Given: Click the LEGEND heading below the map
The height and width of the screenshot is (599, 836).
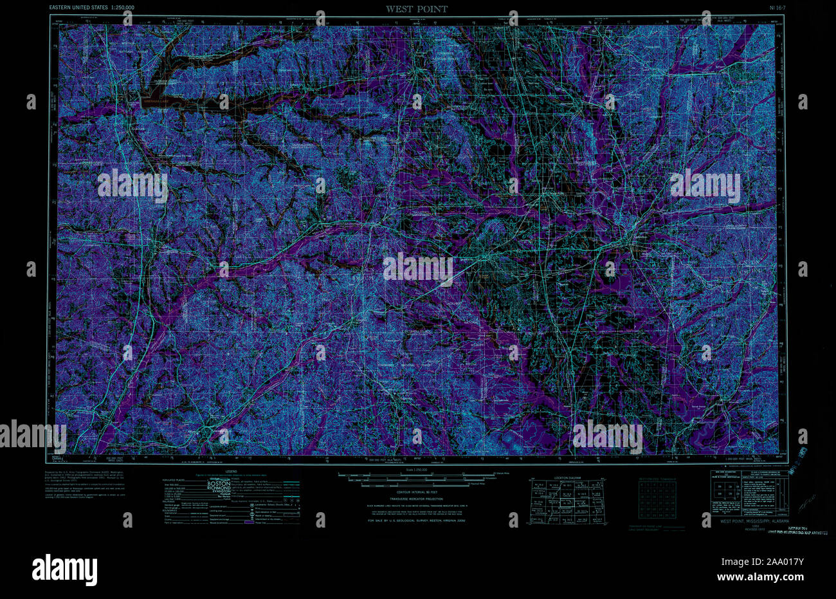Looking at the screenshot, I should click(231, 472).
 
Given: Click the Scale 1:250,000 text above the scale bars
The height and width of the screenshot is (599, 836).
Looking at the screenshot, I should click(416, 472).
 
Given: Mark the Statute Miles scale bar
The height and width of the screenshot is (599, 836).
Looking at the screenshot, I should click(416, 477).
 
